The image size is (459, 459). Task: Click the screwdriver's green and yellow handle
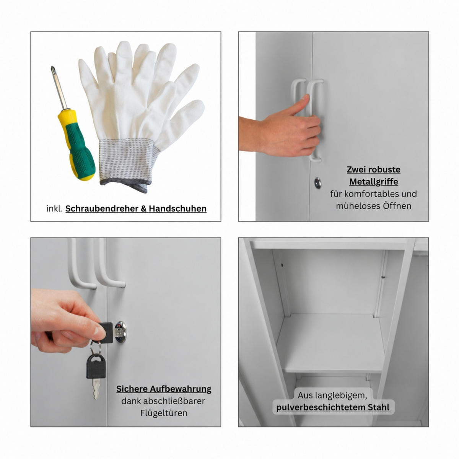(x=76, y=144)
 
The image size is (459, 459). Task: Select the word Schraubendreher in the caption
(x=102, y=209)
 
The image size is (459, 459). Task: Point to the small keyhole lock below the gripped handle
(x=317, y=183)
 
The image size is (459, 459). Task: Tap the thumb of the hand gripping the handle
(x=296, y=105)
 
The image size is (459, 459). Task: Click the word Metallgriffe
(x=373, y=182)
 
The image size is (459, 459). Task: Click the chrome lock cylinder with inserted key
(x=120, y=332)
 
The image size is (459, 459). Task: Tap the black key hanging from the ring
(x=96, y=373)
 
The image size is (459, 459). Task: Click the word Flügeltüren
(x=164, y=413)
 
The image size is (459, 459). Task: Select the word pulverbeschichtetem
(x=321, y=408)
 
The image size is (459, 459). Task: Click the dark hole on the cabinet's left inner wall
(x=282, y=265)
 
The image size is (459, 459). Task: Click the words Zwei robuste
(x=373, y=169)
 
